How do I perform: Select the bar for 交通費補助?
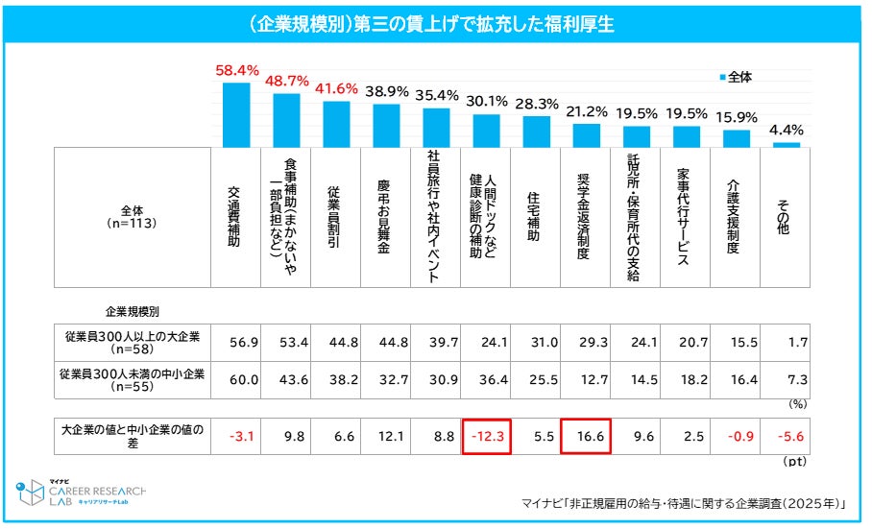(x=236, y=114)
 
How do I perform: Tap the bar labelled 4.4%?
(x=787, y=144)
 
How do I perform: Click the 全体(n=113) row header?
(x=133, y=217)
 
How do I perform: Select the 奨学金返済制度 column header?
(x=586, y=217)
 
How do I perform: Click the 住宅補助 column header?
(x=536, y=217)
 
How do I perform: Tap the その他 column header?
(x=786, y=217)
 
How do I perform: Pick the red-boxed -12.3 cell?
(x=486, y=435)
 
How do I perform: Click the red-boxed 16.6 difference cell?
(x=586, y=435)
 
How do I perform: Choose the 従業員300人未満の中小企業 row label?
(x=132, y=379)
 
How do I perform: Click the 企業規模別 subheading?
(x=133, y=313)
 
